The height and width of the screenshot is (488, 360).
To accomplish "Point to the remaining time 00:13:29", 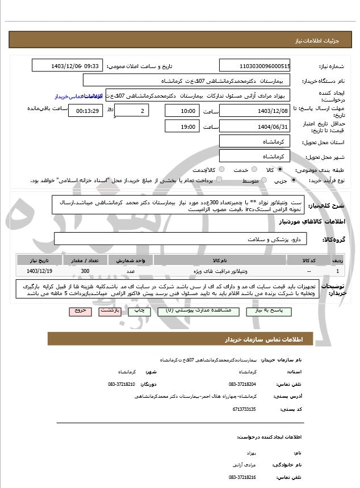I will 85,111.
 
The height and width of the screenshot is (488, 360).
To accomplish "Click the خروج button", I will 79,311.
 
